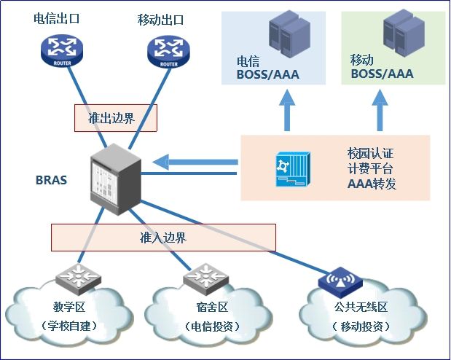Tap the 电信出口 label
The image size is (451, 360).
(56, 19)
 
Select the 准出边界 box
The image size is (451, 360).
(116, 118)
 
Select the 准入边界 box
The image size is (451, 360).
(163, 238)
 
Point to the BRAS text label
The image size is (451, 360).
(51, 179)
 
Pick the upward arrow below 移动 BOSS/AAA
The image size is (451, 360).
(379, 110)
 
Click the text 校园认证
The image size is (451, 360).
(371, 154)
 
